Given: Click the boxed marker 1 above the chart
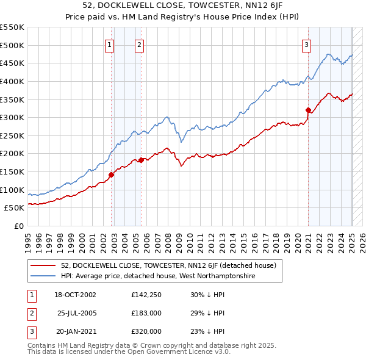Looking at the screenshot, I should click(x=110, y=44).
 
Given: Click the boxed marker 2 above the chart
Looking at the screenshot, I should click(x=140, y=44).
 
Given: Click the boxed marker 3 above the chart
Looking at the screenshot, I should click(x=306, y=44).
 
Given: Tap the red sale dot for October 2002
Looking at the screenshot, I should click(x=112, y=175).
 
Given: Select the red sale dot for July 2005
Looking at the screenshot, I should click(x=141, y=160).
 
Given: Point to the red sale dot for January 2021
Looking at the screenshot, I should click(x=308, y=110).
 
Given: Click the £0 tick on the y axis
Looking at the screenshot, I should click(x=20, y=226).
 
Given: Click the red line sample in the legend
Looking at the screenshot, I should click(x=43, y=265).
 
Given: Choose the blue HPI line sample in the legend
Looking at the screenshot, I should click(x=43, y=276).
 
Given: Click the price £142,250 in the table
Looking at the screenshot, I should click(x=146, y=295).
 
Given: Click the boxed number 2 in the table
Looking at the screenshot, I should click(x=30, y=313).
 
